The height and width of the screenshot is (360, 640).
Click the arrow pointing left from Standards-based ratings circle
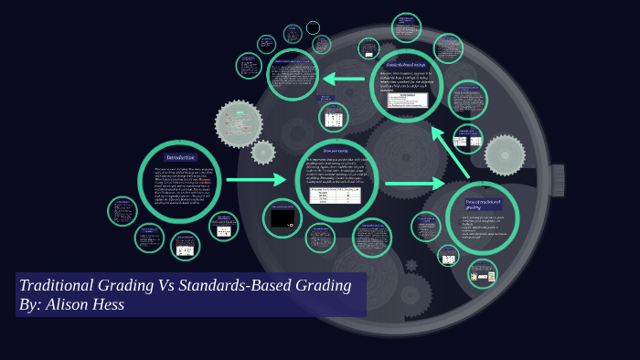[x=343, y=79]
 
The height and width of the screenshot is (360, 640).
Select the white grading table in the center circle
[x=336, y=196]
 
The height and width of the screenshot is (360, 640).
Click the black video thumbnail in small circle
[x=282, y=217]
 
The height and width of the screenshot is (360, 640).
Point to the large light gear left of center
[x=238, y=123]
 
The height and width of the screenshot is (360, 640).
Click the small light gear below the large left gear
[x=263, y=153]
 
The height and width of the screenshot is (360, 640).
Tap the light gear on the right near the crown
[x=505, y=155]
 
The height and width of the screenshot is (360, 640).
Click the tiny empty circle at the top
[x=314, y=27]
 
